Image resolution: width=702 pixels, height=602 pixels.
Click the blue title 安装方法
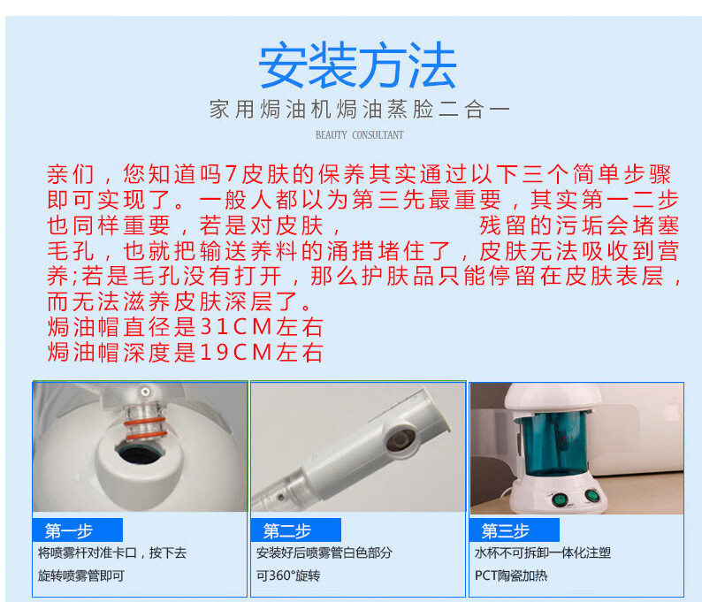pyautogui.click(x=357, y=65)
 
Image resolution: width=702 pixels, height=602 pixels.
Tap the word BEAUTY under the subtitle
pyautogui.click(x=332, y=134)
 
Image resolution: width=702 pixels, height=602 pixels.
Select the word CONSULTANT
pyautogui.click(x=378, y=134)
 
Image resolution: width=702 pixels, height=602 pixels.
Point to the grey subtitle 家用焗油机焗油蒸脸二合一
pyautogui.click(x=360, y=110)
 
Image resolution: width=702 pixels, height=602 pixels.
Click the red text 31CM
pyautogui.click(x=235, y=327)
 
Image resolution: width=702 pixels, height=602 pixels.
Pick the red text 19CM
pyautogui.click(x=235, y=352)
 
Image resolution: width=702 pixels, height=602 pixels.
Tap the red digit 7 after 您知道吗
pyautogui.click(x=231, y=173)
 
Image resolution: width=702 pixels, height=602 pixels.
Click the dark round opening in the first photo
pyautogui.click(x=140, y=453)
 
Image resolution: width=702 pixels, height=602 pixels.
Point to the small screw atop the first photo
pyautogui.click(x=145, y=392)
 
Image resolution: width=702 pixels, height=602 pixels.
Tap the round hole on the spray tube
pyautogui.click(x=401, y=438)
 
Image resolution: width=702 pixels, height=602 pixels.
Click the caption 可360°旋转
pyautogui.click(x=288, y=575)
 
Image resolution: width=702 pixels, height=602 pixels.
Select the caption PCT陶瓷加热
pyautogui.click(x=511, y=575)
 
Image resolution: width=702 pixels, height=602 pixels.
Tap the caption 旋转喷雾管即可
pyautogui.click(x=81, y=575)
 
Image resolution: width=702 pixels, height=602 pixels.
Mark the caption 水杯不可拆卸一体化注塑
pyautogui.click(x=543, y=552)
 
